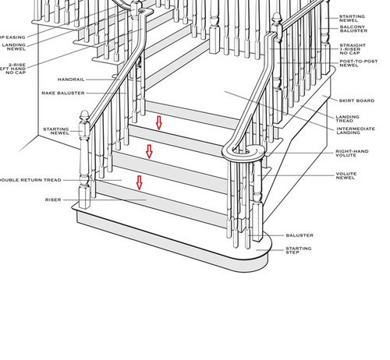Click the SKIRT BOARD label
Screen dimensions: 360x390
(356, 101)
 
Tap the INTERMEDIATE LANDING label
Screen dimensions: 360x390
(356, 132)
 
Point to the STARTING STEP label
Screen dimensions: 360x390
(299, 251)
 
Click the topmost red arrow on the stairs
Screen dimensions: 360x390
(159, 122)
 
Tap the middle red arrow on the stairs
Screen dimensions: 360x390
(150, 151)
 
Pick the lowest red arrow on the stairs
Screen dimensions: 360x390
(140, 182)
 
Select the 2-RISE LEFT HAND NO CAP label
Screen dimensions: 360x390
(16, 69)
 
